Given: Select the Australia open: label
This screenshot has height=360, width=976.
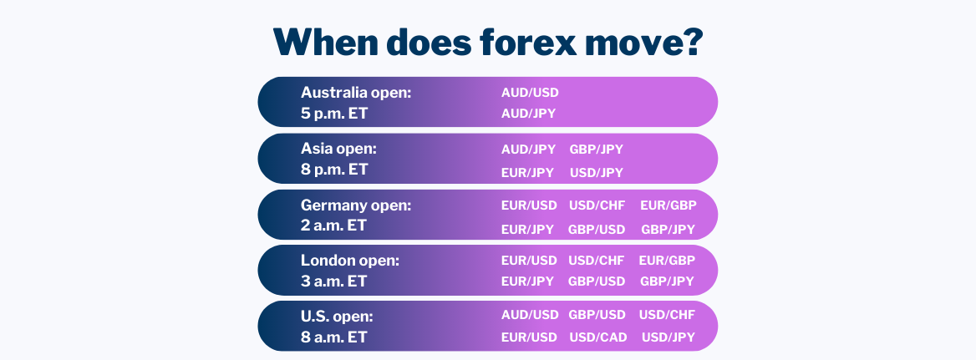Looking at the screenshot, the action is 356,93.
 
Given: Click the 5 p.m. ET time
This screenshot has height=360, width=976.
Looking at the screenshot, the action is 333,114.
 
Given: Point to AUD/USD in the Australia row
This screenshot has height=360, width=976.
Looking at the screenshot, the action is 530,93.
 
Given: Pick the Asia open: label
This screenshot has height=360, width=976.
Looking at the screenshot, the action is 338,150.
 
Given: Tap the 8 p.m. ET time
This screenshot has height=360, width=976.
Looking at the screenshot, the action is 334,170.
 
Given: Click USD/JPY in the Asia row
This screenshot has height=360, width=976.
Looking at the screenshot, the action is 597,173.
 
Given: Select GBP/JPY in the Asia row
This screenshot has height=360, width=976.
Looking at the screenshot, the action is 596,150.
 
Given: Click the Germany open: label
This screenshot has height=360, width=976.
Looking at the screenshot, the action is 356,205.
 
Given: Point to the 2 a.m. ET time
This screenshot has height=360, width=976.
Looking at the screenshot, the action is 333,225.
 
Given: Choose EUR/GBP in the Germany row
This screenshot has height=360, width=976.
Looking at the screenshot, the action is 668,205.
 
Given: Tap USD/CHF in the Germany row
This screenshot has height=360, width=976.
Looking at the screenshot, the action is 597,205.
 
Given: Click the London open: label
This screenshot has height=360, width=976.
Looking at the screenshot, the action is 350,261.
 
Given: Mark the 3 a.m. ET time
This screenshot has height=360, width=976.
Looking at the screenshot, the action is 333,281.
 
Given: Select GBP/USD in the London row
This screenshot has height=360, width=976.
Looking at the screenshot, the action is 597,281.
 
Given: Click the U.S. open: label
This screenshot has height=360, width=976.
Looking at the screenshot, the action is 337,317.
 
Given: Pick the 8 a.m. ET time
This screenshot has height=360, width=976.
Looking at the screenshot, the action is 333,337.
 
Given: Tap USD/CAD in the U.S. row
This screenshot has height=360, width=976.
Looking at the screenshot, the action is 597,337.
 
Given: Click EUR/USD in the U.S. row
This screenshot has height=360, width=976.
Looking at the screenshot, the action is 529,337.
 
